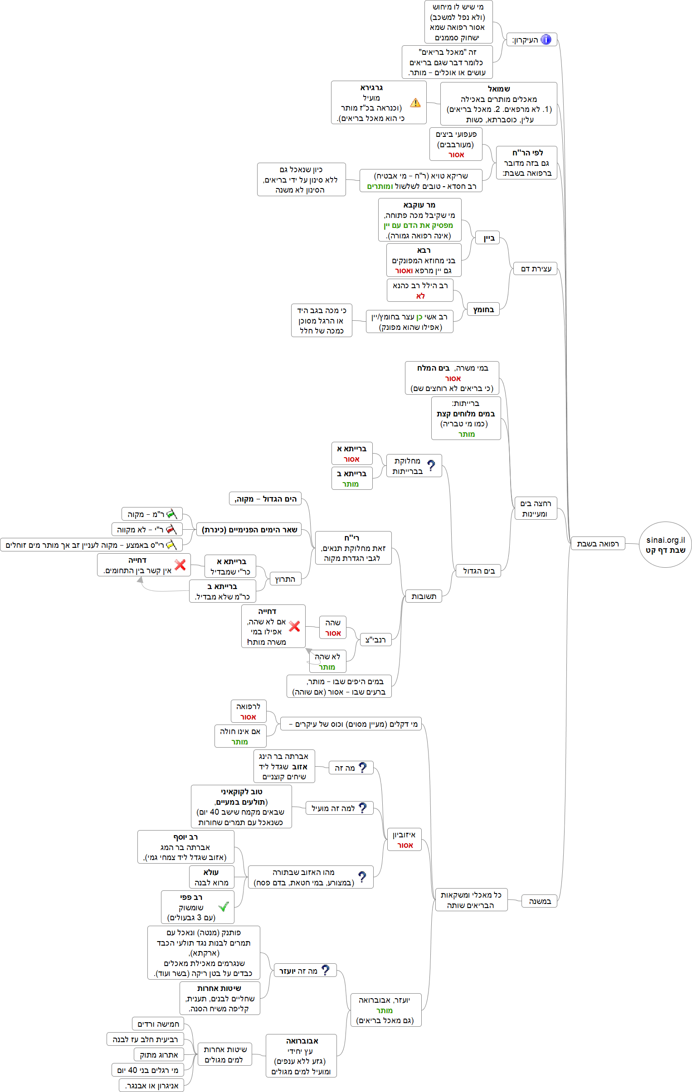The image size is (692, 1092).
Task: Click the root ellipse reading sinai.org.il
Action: [x=665, y=545]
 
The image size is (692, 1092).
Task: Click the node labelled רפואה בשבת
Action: [x=598, y=544]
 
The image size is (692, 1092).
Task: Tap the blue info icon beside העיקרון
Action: [x=546, y=39]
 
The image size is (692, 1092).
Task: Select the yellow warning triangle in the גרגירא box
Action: [x=415, y=103]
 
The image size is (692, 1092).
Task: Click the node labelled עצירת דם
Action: [x=536, y=269]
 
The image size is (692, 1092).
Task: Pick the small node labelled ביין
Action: [x=488, y=238]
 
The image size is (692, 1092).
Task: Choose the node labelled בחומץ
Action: [x=483, y=310]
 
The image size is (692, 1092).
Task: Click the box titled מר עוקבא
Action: [x=420, y=220]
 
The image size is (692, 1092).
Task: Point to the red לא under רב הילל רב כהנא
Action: [x=421, y=296]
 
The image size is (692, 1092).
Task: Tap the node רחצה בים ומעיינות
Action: [x=536, y=508]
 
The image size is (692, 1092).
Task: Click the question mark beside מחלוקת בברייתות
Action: [x=431, y=465]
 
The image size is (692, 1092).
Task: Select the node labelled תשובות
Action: [x=424, y=596]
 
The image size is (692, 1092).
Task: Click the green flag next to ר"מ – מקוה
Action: [x=171, y=514]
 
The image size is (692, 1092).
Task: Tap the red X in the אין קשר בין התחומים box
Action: [x=180, y=565]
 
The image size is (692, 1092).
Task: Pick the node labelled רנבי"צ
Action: [x=375, y=640]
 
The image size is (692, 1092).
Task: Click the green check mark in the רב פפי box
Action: [x=223, y=907]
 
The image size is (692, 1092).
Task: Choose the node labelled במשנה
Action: [x=540, y=901]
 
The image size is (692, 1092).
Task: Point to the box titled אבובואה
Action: [x=301, y=1056]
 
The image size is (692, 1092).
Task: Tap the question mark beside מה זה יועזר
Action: [x=325, y=971]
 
